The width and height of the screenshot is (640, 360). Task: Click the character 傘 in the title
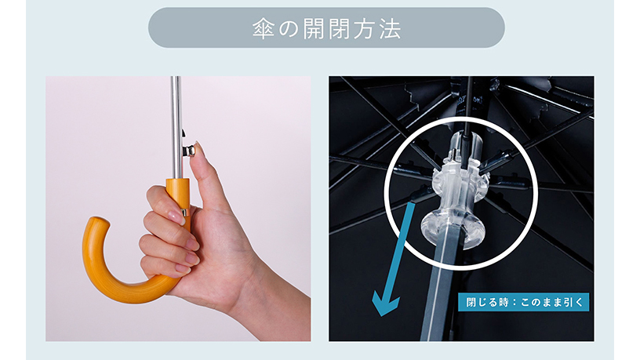[263, 28]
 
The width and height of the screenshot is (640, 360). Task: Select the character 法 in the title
[391, 28]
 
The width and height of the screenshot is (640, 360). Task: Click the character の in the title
[289, 28]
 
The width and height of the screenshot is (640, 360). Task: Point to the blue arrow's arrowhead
[385, 305]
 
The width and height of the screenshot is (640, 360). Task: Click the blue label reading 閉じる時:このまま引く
[523, 302]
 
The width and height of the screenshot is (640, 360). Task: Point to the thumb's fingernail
[198, 147]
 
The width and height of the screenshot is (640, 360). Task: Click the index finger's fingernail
[176, 216]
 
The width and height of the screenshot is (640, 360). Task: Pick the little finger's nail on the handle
[184, 269]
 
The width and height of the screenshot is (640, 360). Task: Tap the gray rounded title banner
[326, 27]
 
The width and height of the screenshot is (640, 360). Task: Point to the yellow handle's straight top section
[178, 196]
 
